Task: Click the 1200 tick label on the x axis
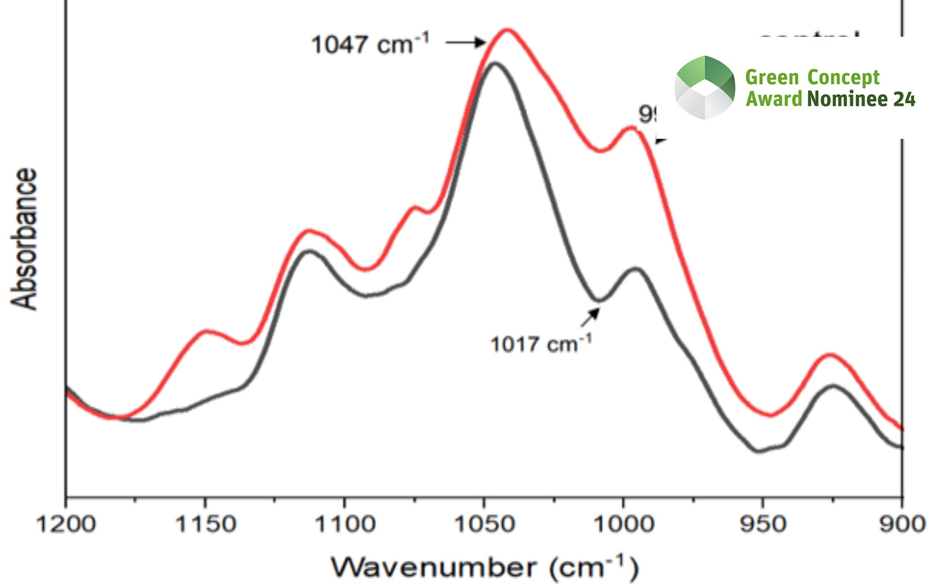[66, 523]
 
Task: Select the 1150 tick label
[206, 523]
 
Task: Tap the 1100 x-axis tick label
[345, 523]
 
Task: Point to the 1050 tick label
[485, 523]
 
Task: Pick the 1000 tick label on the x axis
[624, 523]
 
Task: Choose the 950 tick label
[763, 523]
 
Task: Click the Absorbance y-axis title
[25, 239]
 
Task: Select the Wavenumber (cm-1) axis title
[485, 567]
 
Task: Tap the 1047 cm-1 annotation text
[370, 44]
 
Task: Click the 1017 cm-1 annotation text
[540, 343]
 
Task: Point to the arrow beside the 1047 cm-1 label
[466, 43]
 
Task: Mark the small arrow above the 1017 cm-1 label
[590, 317]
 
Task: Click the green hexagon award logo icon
[705, 88]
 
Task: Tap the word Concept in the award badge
[843, 77]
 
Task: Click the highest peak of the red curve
[507, 29]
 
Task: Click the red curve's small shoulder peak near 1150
[206, 331]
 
